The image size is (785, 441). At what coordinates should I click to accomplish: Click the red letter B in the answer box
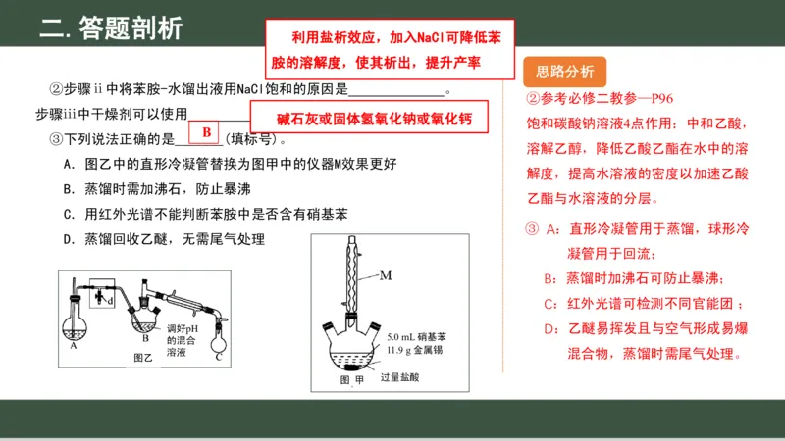[x=206, y=132]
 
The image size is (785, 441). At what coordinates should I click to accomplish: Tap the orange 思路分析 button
[x=566, y=71]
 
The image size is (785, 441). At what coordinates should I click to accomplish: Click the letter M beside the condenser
[x=386, y=275]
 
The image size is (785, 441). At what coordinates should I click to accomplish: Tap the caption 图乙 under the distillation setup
[x=143, y=358]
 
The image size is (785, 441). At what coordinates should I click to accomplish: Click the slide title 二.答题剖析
[x=111, y=28]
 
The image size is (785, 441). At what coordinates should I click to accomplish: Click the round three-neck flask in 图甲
[x=350, y=342]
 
